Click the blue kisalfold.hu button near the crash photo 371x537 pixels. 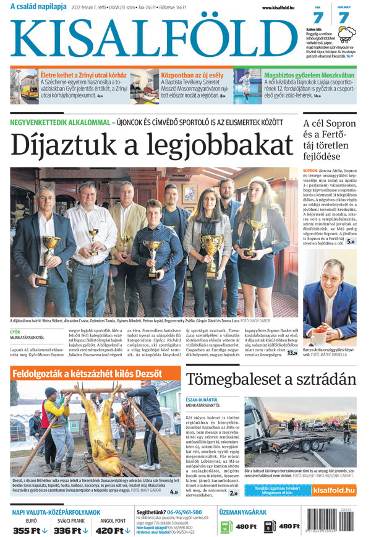(x=334, y=490)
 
